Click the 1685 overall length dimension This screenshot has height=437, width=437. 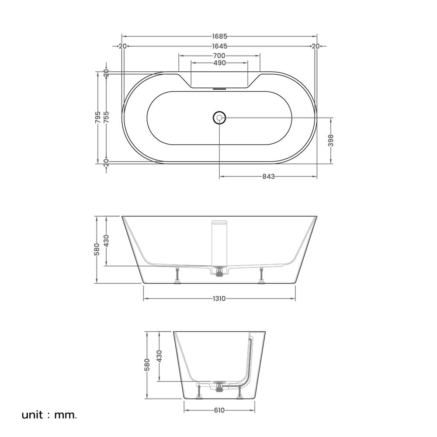pyautogui.click(x=220, y=36)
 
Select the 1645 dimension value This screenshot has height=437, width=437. pyautogui.click(x=220, y=46)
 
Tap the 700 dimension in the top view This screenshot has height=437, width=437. pyautogui.click(x=220, y=56)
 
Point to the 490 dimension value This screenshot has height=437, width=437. pyautogui.click(x=220, y=63)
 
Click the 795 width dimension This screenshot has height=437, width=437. pyautogui.click(x=98, y=117)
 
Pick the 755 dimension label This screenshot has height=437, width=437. pyautogui.click(x=106, y=117)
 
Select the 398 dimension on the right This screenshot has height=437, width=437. pyautogui.click(x=331, y=140)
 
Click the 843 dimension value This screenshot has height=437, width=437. pyautogui.click(x=268, y=177)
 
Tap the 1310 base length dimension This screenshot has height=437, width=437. pyautogui.click(x=219, y=299)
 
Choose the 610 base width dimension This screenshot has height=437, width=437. pyautogui.click(x=219, y=410)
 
